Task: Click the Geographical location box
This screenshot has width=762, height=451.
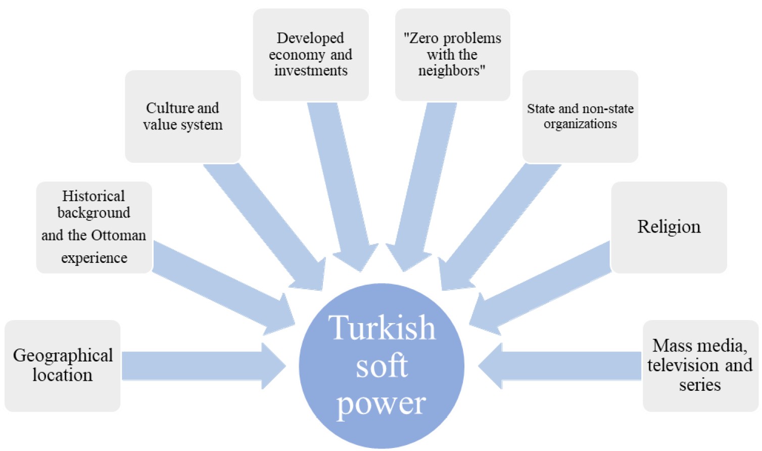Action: coord(63,366)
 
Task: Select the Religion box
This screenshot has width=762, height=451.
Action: coord(669,227)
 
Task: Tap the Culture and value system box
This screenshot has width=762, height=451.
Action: coord(182,116)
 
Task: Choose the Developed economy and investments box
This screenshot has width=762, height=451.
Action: coord(310,54)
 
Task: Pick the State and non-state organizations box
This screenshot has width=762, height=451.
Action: coord(580,116)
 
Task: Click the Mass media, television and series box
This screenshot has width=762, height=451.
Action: coord(700,366)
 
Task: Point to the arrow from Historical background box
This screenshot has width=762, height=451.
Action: coord(222,286)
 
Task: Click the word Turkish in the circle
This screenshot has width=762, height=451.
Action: coord(382,328)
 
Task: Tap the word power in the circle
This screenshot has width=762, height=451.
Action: coord(382,403)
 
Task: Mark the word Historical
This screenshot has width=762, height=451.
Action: coord(93,196)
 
